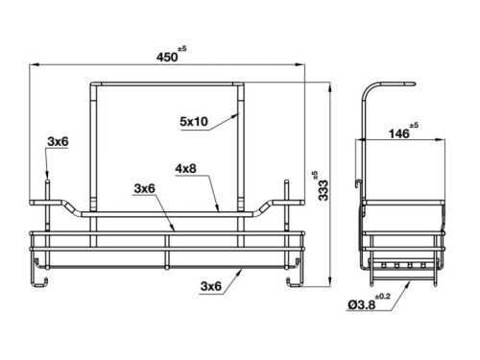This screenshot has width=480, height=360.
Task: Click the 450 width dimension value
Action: point(167,57)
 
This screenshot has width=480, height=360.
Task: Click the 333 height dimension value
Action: point(324,190)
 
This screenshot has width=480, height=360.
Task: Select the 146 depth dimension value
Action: point(398,133)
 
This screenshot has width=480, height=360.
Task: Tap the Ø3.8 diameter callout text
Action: point(361,305)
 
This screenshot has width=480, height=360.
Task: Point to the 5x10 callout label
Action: point(194,122)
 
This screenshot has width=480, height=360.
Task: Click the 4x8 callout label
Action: point(185,169)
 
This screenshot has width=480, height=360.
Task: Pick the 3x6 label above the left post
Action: point(58,141)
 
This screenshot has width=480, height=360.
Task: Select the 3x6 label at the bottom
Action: point(211,286)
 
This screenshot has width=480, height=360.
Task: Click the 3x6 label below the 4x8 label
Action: point(144,188)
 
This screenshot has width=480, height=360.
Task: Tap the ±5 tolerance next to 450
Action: point(182,49)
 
